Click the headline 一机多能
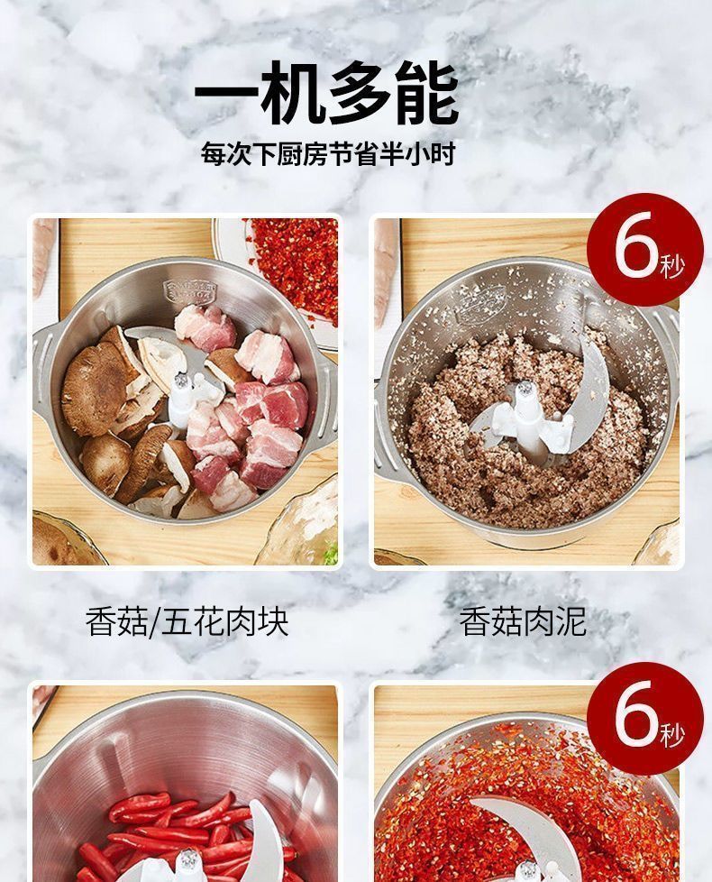[326, 94]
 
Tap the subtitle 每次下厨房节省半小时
[328, 153]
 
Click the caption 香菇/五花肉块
[187, 622]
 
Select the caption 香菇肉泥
[523, 622]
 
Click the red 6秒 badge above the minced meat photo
[645, 250]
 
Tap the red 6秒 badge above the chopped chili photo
[645, 719]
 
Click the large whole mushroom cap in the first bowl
[96, 388]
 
